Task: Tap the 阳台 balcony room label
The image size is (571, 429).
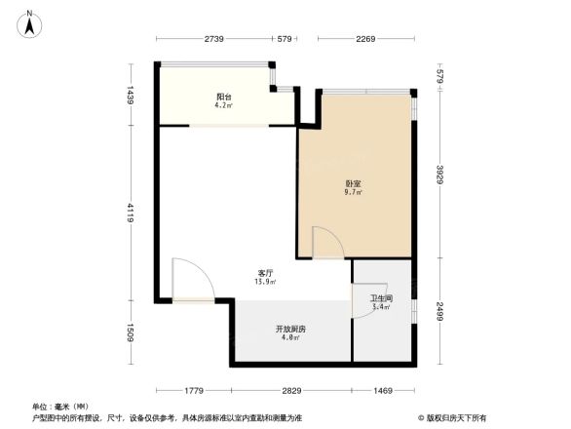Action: (x=224, y=97)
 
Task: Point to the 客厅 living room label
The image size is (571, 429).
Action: (x=265, y=274)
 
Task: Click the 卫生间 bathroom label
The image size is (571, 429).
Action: (x=381, y=297)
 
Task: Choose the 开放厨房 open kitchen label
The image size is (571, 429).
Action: (x=290, y=330)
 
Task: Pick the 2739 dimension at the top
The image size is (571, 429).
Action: (x=215, y=39)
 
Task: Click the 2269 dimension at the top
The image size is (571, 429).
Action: (x=366, y=39)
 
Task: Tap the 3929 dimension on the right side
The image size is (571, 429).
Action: (x=439, y=175)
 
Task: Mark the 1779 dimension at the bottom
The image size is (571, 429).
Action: (x=192, y=390)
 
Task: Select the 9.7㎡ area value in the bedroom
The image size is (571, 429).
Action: (x=353, y=193)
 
